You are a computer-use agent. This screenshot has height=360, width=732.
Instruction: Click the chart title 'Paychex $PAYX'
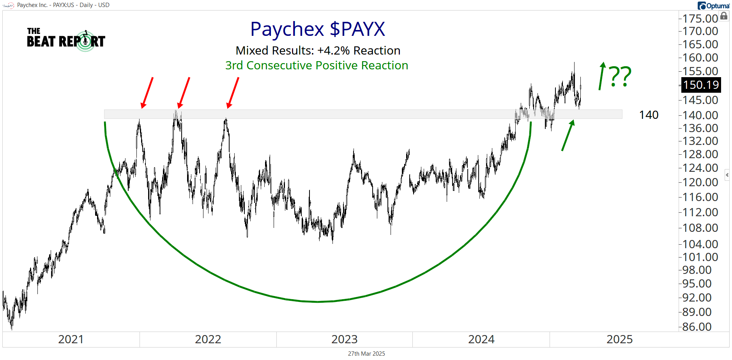tap(318, 29)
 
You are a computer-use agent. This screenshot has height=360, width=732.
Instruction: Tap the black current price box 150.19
tap(701, 85)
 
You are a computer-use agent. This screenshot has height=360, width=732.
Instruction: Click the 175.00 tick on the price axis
tap(700, 18)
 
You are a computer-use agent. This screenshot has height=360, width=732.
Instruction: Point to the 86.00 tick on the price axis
tap(700, 326)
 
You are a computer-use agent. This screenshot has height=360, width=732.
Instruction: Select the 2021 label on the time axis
tap(71, 339)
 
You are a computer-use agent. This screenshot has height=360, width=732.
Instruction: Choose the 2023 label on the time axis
tap(344, 339)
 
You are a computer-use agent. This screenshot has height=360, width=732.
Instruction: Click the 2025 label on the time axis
tap(619, 339)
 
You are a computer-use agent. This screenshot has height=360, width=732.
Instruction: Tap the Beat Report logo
tap(66, 40)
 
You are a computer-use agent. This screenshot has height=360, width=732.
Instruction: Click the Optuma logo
tap(713, 6)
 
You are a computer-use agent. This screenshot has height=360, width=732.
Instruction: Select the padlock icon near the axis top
tap(723, 16)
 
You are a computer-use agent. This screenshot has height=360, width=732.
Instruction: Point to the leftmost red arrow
tap(147, 92)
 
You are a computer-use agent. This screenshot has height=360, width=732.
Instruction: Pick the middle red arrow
tap(184, 92)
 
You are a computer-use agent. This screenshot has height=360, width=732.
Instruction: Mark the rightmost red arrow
tap(233, 92)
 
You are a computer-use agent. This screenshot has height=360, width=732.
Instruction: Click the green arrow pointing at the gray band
tap(568, 135)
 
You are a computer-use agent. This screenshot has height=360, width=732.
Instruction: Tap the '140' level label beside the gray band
tap(649, 115)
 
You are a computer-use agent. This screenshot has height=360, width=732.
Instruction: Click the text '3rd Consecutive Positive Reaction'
tap(316, 65)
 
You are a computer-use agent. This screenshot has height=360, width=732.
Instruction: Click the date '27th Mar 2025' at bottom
tap(366, 354)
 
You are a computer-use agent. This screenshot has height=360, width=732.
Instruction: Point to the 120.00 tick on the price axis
tap(700, 182)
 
